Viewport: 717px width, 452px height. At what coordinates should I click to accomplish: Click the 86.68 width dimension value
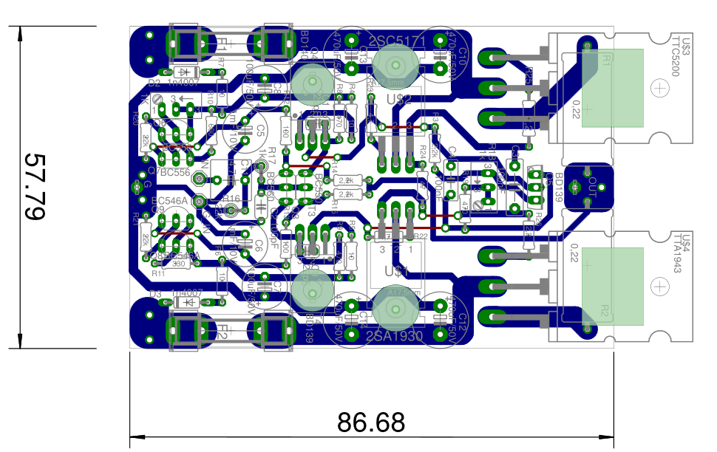coord(371,422)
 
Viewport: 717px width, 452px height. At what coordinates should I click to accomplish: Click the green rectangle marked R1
coord(612,88)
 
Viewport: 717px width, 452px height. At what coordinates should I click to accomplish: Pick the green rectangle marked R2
coord(612,286)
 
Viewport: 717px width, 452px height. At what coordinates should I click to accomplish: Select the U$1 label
coord(392,272)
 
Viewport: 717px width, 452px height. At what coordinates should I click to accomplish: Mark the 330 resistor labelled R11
coord(177,264)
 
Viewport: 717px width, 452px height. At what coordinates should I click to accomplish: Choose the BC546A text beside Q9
coord(168,200)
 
